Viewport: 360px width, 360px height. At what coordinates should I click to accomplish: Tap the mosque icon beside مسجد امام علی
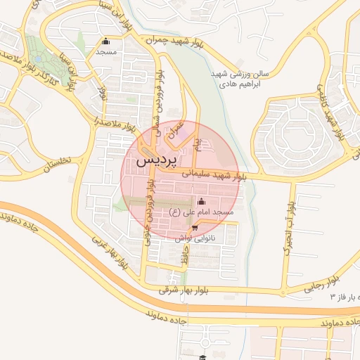[x=201, y=202]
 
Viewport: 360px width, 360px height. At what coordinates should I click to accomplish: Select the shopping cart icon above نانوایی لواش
[x=194, y=227]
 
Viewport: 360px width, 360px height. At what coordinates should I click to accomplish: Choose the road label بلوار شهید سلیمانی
[x=213, y=174]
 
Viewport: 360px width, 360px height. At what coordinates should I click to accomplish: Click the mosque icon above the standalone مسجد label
[x=106, y=41]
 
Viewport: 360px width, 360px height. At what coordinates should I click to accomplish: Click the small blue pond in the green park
[x=72, y=78]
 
